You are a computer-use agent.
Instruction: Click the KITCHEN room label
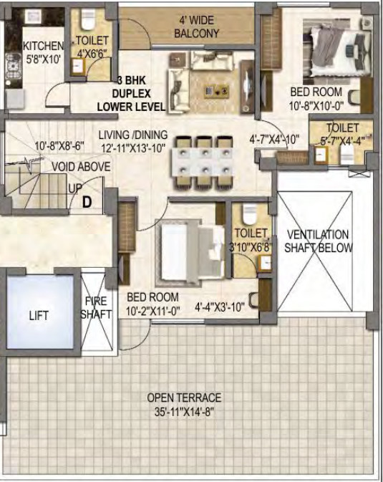44,46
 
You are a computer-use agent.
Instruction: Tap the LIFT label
39,316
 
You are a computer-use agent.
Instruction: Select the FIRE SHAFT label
96,307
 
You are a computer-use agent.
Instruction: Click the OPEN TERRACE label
184,397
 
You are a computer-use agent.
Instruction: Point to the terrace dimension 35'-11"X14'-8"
184,412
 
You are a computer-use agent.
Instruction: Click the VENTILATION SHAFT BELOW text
318,241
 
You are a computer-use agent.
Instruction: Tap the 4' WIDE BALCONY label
196,26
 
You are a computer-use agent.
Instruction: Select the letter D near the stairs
87,203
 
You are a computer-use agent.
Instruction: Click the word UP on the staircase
75,188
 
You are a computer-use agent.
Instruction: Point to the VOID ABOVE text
81,167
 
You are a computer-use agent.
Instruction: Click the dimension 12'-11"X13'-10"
133,148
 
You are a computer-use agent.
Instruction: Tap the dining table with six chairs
204,162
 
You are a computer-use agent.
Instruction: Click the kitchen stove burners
13,66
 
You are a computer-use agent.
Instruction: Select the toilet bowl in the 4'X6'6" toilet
88,19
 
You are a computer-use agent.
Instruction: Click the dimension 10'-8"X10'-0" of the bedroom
316,106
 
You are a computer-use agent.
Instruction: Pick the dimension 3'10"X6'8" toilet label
251,247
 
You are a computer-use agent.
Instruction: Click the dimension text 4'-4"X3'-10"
220,306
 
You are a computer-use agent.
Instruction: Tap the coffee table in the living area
216,91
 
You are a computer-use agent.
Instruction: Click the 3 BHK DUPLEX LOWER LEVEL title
131,93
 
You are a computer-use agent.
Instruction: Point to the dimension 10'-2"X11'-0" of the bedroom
152,312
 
